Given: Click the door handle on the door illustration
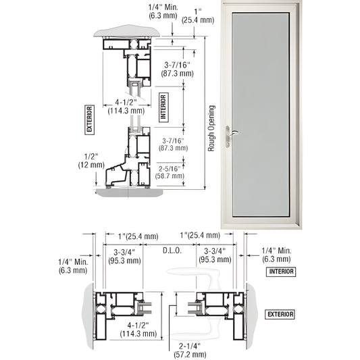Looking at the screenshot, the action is (230, 136).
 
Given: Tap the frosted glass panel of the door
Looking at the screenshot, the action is (261, 115).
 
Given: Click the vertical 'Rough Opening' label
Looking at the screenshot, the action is (211, 128).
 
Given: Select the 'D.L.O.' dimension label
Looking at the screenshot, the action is (172, 251).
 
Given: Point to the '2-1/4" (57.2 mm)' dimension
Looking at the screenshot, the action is (190, 350).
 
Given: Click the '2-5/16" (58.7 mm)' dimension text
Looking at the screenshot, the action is (170, 172).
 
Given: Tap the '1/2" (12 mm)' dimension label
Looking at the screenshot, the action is (91, 161).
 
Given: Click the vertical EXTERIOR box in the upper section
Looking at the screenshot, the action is (90, 120).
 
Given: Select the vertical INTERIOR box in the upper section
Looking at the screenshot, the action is (163, 107).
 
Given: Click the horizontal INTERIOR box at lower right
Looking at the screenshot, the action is (281, 272).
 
